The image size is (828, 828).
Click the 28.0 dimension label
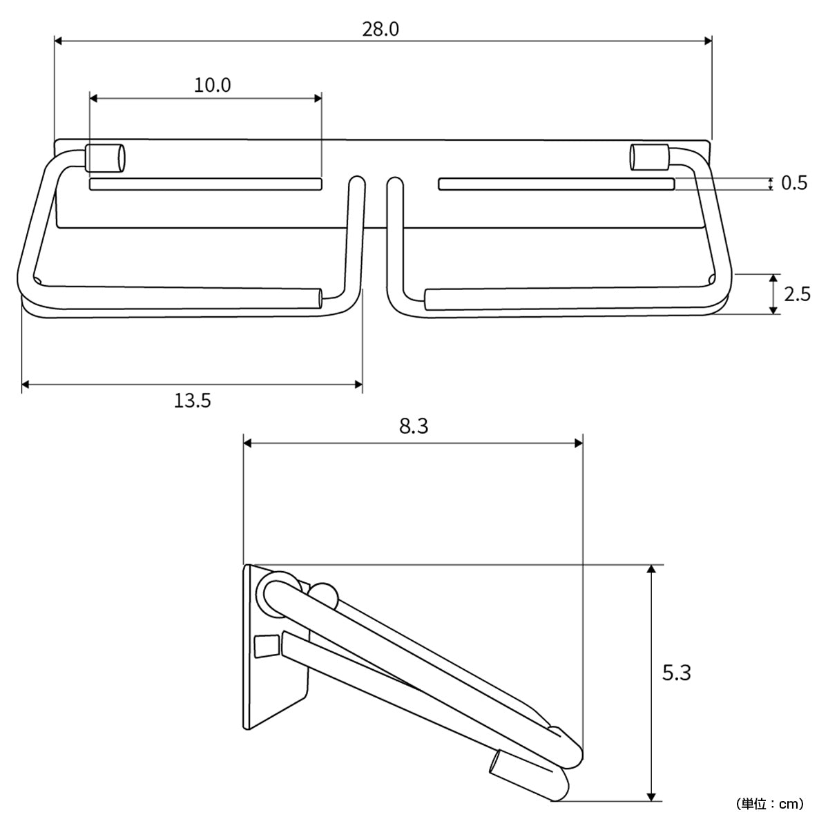(381, 29)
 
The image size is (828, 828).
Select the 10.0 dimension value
(212, 85)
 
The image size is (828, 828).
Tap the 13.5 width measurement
(192, 401)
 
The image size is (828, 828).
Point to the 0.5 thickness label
(794, 183)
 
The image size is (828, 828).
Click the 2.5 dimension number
(797, 294)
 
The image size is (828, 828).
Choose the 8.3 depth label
(414, 426)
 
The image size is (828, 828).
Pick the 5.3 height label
(677, 673)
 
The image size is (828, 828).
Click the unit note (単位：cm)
(770, 804)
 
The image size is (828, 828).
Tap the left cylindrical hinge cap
(106, 158)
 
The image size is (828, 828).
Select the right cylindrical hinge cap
(650, 157)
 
